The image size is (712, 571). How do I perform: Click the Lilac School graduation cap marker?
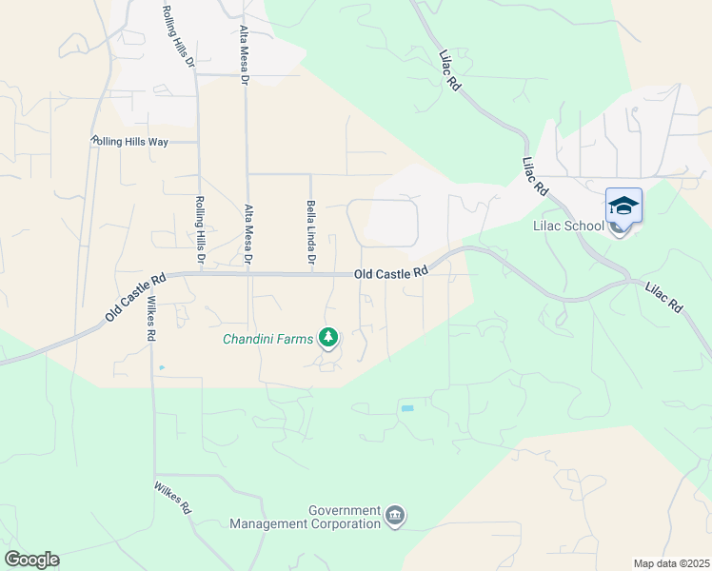click(x=623, y=207)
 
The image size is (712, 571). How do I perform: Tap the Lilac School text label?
click(x=567, y=226)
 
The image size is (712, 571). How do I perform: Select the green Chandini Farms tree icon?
click(x=328, y=338)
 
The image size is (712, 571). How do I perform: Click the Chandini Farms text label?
click(x=268, y=338)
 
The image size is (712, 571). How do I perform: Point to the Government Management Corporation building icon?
click(x=395, y=517)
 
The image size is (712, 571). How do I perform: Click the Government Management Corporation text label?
click(x=305, y=518)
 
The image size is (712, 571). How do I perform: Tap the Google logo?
click(x=31, y=560)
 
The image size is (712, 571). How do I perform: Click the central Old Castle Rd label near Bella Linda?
click(x=390, y=273)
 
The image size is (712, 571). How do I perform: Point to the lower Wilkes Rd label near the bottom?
click(x=173, y=498)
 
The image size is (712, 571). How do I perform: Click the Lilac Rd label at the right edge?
click(x=663, y=297)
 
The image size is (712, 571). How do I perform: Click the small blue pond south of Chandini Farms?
click(x=407, y=408)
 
